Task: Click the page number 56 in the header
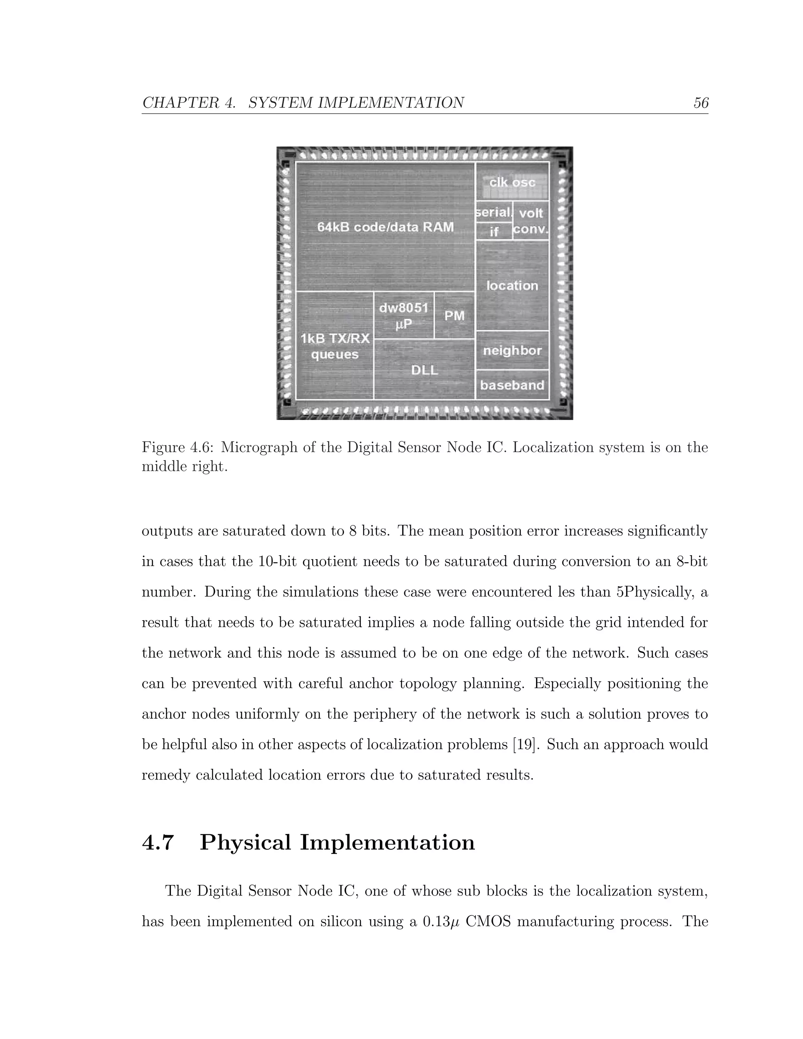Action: (x=701, y=103)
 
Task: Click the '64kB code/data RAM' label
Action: (x=385, y=227)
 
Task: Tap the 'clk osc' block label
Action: (x=512, y=182)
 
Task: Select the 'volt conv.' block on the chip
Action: (x=531, y=221)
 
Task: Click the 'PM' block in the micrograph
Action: (x=454, y=315)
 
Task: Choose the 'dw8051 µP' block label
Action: (x=403, y=315)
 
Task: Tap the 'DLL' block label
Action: (x=424, y=370)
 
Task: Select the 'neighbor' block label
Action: (x=512, y=351)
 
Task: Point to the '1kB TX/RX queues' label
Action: (x=335, y=346)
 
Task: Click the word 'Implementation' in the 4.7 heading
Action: (x=387, y=843)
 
